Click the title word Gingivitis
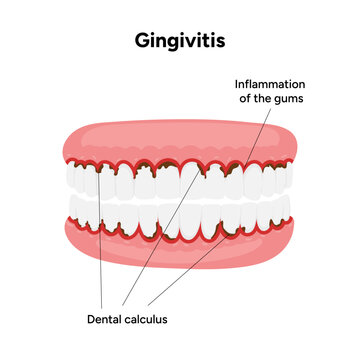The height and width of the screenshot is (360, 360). pyautogui.click(x=180, y=43)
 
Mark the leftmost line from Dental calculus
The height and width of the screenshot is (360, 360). pyautogui.click(x=101, y=250)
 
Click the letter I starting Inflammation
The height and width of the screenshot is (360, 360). pyautogui.click(x=236, y=84)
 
